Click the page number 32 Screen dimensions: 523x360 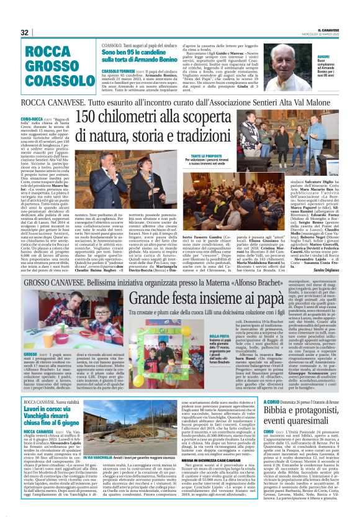pyautogui.click(x=25, y=32)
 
